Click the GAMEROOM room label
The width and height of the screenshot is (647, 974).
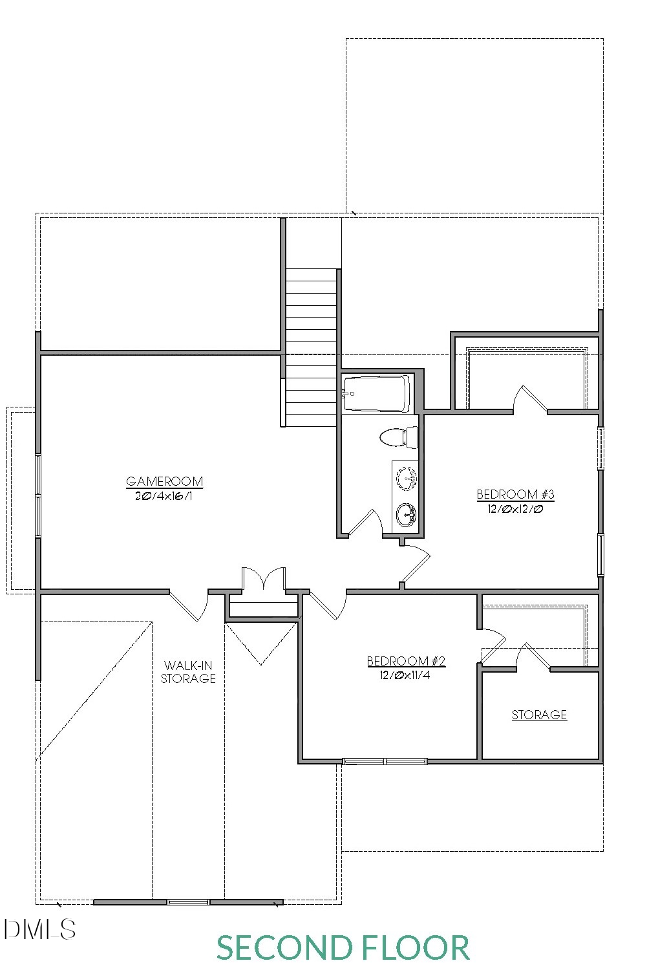(164, 481)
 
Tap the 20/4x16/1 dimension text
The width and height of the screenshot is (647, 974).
(164, 495)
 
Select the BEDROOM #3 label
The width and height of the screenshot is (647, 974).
(515, 494)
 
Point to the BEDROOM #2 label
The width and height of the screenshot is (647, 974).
(406, 661)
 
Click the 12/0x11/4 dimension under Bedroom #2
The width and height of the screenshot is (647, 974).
(405, 675)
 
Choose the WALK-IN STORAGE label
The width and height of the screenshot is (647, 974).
(188, 672)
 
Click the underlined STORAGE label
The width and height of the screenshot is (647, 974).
(539, 715)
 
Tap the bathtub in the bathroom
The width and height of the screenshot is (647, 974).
(376, 393)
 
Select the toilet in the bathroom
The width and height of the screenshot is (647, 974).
(399, 437)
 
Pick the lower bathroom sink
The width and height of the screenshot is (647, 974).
(407, 515)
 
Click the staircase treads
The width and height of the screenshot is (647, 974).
(311, 347)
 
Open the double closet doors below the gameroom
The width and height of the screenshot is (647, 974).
(264, 578)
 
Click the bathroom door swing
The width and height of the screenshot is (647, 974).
(366, 522)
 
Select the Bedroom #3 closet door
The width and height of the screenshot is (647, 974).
(530, 398)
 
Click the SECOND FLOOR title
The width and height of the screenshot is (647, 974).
(343, 947)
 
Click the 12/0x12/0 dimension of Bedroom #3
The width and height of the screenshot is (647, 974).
(515, 508)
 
